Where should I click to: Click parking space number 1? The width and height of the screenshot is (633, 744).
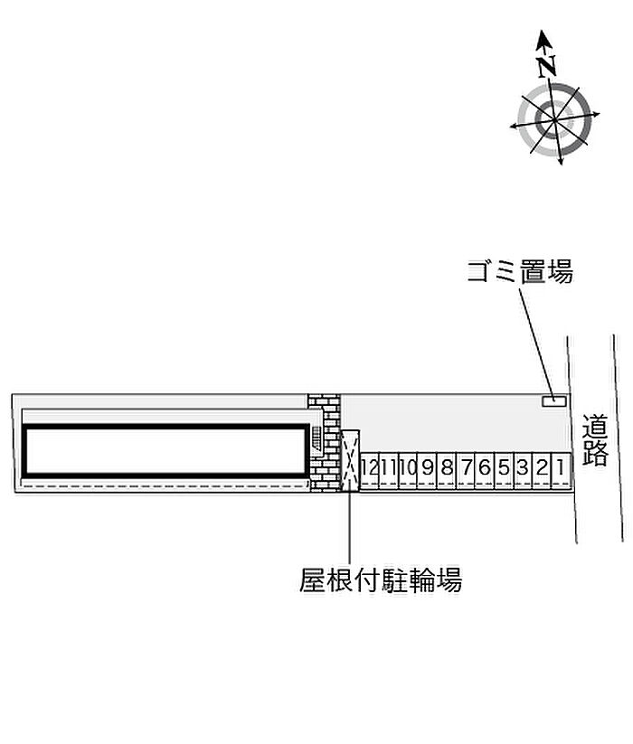[x=561, y=467]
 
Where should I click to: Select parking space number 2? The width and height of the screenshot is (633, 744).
[x=542, y=467]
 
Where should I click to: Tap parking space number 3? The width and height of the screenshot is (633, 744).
[x=523, y=467]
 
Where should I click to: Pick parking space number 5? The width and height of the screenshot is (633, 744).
[x=504, y=467]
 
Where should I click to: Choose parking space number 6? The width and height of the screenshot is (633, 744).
[x=485, y=467]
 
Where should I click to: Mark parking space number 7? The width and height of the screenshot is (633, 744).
[x=466, y=467]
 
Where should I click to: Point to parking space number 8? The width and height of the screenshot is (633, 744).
[x=446, y=467]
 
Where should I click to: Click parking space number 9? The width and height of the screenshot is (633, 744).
[x=427, y=467]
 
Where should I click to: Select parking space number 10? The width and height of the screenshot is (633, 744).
[x=407, y=467]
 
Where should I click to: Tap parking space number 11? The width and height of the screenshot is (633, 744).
[x=388, y=467]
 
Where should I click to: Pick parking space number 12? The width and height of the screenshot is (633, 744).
[x=369, y=467]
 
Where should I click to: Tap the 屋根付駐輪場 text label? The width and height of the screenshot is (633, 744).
[x=381, y=579]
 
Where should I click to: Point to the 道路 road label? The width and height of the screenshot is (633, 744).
[x=595, y=439]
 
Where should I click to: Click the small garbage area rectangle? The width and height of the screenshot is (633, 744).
[x=553, y=400]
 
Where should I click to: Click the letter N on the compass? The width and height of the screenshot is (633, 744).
[x=545, y=64]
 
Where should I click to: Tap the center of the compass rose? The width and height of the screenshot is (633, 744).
[x=553, y=118]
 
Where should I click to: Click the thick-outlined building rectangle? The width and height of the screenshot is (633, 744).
[x=165, y=450]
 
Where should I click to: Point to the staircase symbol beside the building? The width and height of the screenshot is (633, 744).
[x=316, y=438]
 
